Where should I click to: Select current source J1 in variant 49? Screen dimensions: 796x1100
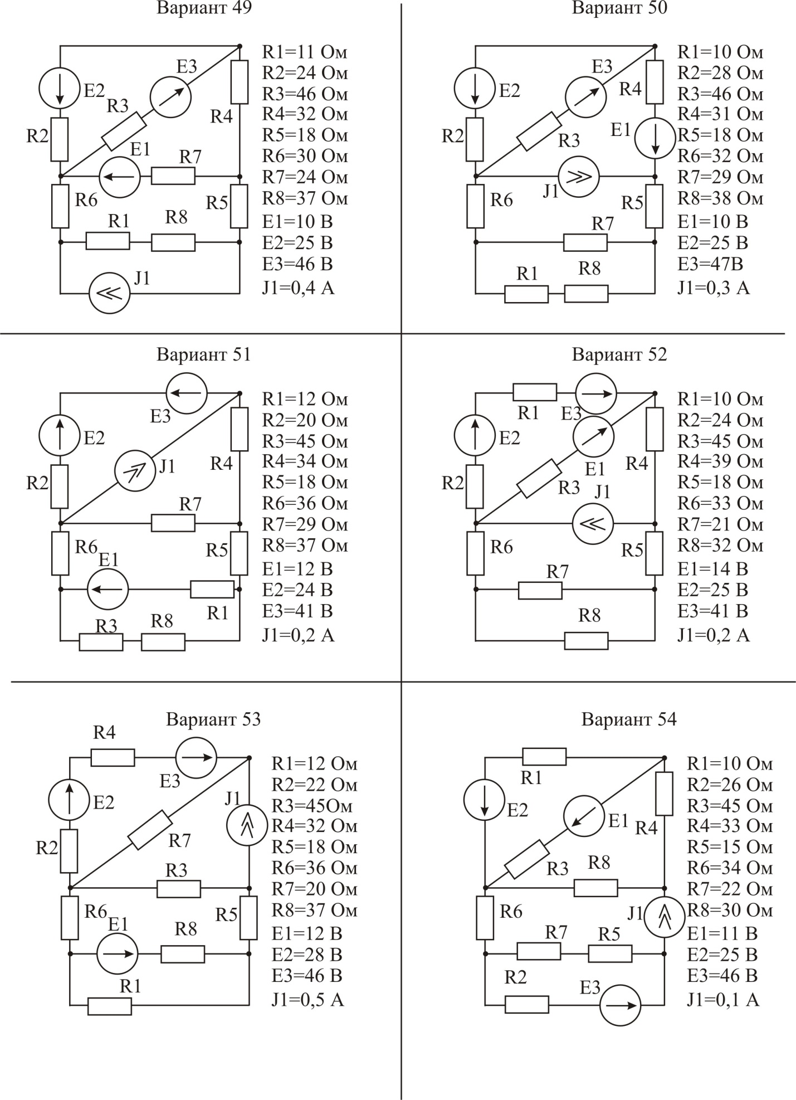110,293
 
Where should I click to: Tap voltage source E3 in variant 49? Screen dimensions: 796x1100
170,97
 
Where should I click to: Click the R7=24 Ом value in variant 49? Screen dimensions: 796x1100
305,177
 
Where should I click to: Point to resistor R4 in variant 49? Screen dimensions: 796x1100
240,82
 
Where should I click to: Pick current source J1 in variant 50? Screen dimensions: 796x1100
579,177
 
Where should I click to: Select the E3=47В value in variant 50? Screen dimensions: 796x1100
710,264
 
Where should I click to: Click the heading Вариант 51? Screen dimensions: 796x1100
204,354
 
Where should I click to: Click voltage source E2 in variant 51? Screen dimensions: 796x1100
60,436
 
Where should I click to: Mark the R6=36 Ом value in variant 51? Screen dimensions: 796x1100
305,503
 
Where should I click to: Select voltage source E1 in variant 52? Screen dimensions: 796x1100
593,436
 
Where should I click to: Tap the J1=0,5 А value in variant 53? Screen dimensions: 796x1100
307,1000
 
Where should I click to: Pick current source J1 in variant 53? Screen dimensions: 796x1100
248,826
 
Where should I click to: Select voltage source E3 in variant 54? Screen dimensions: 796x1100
620,1005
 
